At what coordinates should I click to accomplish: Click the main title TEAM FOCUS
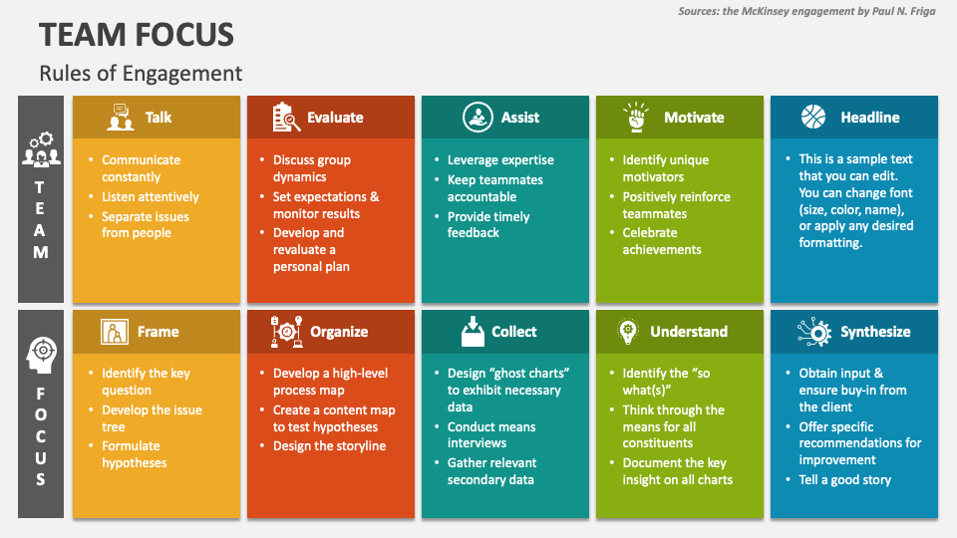pos(137,34)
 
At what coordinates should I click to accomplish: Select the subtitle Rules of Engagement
pos(141,73)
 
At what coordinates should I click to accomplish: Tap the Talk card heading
pos(158,118)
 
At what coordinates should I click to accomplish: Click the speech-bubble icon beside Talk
pos(121,118)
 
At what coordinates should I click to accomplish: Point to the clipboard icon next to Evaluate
pos(286,118)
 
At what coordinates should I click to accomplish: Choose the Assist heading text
pos(519,118)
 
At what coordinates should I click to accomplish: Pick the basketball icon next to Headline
pos(813,118)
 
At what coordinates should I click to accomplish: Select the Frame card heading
pos(158,332)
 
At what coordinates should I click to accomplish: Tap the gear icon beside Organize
pos(286,332)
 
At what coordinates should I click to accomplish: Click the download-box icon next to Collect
pos(473,331)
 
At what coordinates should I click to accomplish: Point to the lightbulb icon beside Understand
pos(628,331)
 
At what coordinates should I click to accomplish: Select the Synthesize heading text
pos(875,332)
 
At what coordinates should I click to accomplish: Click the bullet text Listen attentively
pos(151,197)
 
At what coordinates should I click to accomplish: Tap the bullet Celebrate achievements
pos(662,241)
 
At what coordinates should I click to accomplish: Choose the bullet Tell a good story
pos(844,479)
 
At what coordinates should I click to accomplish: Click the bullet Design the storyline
pos(329,446)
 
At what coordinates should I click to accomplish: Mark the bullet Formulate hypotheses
pos(135,454)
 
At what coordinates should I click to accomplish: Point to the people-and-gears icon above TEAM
pos(41,149)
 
